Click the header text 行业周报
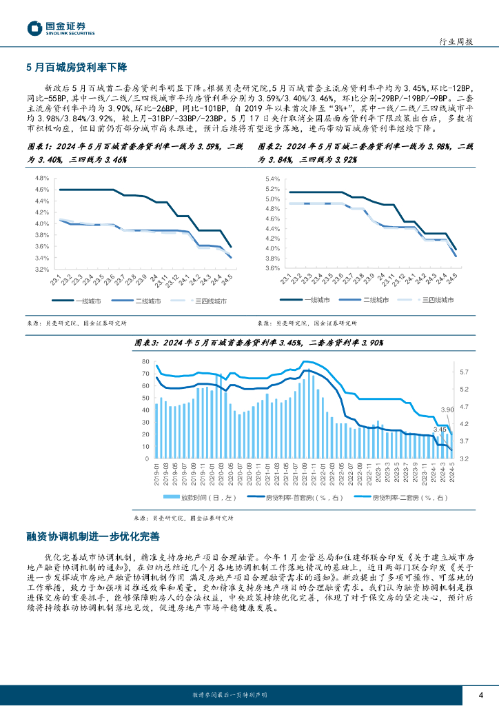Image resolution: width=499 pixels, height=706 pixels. [x=456, y=41]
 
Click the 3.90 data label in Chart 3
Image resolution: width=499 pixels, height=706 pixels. [x=447, y=410]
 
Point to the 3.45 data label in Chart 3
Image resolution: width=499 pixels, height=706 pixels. [x=440, y=430]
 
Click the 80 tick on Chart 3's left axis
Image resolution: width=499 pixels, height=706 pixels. [x=145, y=362]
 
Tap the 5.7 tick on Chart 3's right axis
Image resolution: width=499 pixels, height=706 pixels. [x=464, y=372]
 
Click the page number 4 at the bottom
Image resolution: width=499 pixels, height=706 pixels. [x=481, y=694]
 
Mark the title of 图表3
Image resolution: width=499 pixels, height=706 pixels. [x=258, y=343]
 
